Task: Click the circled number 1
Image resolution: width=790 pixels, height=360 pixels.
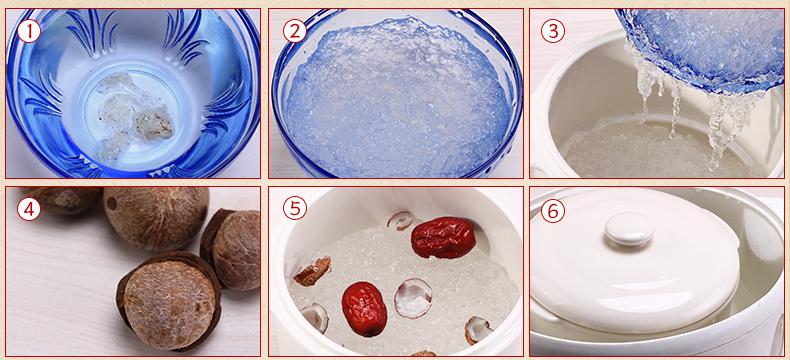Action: [x=29, y=32]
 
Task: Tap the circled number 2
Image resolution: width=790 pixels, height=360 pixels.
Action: [x=295, y=32]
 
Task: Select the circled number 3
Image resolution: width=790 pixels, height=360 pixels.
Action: [x=553, y=32]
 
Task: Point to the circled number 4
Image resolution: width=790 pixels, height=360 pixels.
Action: [x=29, y=209]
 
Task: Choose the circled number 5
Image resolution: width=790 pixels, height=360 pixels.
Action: [x=295, y=209]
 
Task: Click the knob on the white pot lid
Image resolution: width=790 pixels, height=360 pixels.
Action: [x=630, y=228]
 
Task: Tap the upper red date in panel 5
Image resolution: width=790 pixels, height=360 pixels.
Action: [x=443, y=237]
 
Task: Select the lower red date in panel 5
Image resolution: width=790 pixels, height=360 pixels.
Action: [x=364, y=309]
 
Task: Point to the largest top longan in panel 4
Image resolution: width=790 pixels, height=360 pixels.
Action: [x=156, y=218]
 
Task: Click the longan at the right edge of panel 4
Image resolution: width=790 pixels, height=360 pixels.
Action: [x=232, y=249]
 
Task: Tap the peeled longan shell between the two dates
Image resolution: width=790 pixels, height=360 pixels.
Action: [x=413, y=298]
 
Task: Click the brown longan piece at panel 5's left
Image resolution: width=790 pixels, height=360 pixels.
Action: [x=312, y=270]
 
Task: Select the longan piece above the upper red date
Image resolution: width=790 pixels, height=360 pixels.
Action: [x=402, y=220]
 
